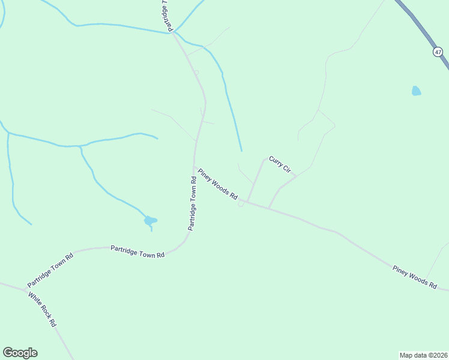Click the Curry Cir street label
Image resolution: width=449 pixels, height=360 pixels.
(x=280, y=164)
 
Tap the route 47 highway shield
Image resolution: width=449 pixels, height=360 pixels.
(x=438, y=52)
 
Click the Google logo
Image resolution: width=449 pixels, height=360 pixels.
(x=20, y=353)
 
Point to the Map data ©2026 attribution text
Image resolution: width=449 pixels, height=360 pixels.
(x=423, y=355)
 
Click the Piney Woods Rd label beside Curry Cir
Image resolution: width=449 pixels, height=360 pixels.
(x=218, y=184)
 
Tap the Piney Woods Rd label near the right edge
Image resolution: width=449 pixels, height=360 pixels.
(x=414, y=278)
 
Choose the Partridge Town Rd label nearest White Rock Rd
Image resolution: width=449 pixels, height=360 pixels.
(x=50, y=269)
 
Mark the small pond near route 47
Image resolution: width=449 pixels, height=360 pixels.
(x=416, y=91)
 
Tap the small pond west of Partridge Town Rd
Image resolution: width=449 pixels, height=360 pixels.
(x=149, y=221)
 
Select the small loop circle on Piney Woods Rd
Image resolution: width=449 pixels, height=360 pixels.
(x=241, y=204)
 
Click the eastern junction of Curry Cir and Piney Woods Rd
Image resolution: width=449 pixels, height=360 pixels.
(x=268, y=209)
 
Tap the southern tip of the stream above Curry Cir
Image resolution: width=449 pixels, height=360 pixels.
(x=241, y=150)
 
